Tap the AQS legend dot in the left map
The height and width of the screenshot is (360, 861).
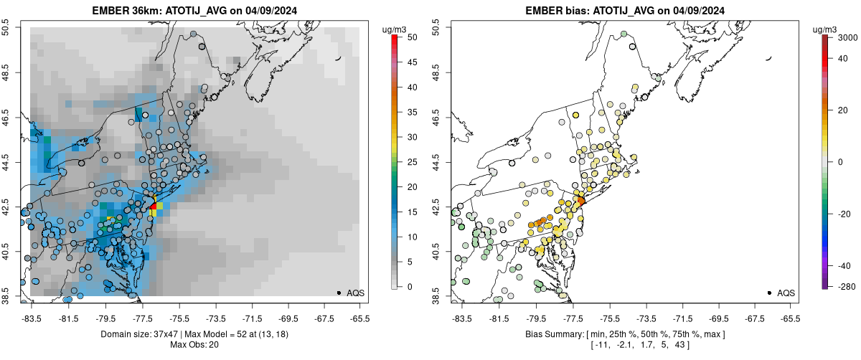click(338, 293)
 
